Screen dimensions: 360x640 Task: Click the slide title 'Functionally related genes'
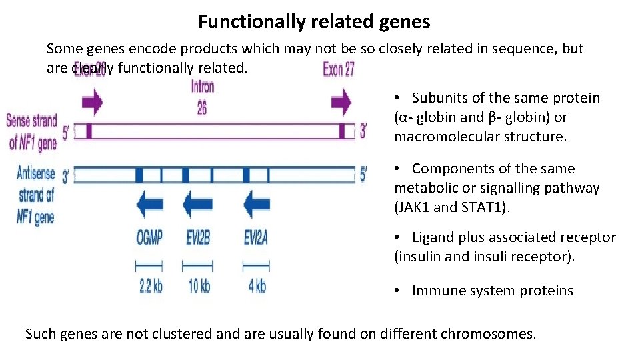tap(314, 22)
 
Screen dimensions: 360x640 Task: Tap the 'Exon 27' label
tap(339, 69)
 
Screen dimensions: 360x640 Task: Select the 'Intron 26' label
tap(202, 97)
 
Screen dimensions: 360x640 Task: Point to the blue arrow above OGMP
tap(149, 204)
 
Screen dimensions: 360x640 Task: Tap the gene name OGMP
tap(149, 237)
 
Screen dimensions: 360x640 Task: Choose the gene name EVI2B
tap(198, 237)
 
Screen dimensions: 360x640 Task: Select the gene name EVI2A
tap(256, 237)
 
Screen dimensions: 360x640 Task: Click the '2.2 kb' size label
tap(150, 287)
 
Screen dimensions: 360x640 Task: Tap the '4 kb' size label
tap(257, 287)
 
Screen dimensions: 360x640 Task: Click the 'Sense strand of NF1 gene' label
tap(32, 131)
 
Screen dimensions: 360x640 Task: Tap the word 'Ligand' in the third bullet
tap(434, 238)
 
